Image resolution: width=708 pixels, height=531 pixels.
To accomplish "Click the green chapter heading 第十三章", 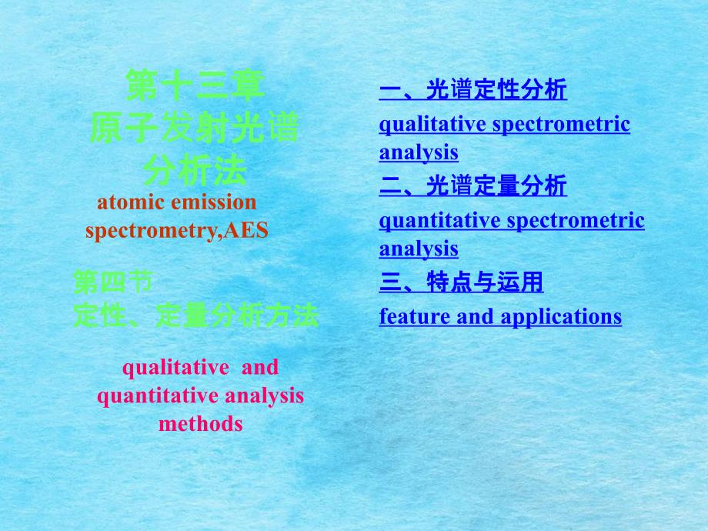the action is point(195,85).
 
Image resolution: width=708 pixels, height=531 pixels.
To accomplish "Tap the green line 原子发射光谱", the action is point(195,129).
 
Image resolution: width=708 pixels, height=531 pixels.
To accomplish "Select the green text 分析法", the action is point(195,171).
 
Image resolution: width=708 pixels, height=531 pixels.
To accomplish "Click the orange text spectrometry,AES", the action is point(176,231).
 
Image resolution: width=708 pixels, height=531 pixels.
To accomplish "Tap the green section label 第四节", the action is point(113,282).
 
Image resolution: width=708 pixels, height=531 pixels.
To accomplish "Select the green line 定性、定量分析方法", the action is point(196,316).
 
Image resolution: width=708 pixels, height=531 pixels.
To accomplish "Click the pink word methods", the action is point(201,424).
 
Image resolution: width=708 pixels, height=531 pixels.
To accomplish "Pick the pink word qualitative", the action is point(175,368).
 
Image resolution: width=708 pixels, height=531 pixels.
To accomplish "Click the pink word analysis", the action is point(265,396).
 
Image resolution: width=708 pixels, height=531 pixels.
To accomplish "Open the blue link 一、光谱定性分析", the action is point(473,89).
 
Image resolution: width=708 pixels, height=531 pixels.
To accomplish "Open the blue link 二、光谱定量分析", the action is point(473,185).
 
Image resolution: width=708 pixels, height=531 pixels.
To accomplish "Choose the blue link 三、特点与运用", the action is point(461,282).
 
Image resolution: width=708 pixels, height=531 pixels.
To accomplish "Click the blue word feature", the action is point(414,316).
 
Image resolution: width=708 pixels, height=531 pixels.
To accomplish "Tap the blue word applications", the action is point(561,317).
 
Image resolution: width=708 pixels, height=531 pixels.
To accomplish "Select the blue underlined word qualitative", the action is point(432,125).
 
